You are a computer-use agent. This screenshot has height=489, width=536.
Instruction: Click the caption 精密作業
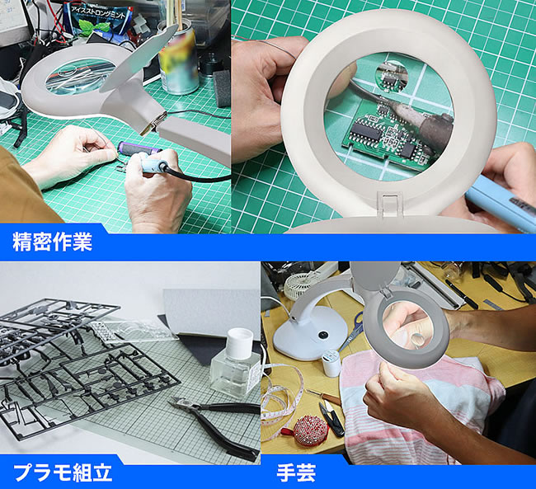pyautogui.click(x=52, y=242)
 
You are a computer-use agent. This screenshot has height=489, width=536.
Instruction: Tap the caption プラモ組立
pyautogui.click(x=63, y=473)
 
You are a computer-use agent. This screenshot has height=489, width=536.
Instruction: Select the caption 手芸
pyautogui.click(x=296, y=473)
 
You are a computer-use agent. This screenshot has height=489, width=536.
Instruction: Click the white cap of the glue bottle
pyautogui.click(x=239, y=343)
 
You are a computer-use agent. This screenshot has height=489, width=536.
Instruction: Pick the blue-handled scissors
pyautogui.click(x=351, y=331)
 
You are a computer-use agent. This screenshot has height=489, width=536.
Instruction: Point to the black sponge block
pyautogui.click(x=222, y=88)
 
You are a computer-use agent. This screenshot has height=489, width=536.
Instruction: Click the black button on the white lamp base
pyautogui.click(x=322, y=335)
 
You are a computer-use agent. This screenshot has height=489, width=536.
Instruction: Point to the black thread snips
pyautogui.click(x=331, y=419)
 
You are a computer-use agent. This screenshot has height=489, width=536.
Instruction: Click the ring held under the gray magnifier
pyautogui.click(x=417, y=340)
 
